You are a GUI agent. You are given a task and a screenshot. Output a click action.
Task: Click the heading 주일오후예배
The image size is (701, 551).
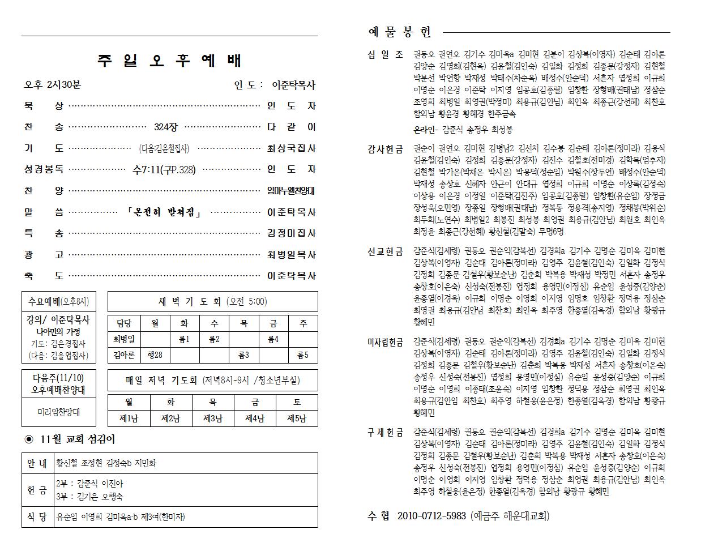coord(169,61)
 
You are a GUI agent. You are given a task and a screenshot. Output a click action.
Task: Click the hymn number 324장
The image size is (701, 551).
coord(165,127)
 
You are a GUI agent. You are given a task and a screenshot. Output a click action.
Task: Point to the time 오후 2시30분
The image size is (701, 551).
coord(52,85)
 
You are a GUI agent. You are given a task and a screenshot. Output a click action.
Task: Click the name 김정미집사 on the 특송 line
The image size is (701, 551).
coord(291,233)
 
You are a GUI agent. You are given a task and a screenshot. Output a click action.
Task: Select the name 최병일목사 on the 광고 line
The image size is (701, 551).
coord(291,255)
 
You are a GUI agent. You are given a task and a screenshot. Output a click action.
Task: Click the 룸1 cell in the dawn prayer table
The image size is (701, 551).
coord(184,340)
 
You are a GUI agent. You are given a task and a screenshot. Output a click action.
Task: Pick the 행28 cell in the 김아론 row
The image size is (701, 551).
coord(155,355)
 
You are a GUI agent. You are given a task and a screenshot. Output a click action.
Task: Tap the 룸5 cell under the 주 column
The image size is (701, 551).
coord(302,355)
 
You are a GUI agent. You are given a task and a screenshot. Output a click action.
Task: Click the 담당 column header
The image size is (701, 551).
coord(123,324)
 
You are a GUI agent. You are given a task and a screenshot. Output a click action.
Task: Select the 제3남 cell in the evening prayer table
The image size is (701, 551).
coord(212,418)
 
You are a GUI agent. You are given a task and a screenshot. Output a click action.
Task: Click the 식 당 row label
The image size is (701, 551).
coord(37,516)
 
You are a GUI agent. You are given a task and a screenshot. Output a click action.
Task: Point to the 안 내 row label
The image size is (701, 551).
coord(37,463)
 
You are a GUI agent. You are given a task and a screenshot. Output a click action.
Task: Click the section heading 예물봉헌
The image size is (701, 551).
coord(400,32)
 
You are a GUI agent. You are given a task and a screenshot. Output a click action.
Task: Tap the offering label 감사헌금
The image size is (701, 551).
coord(385,149)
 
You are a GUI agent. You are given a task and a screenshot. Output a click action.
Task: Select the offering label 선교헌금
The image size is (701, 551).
coord(385,251)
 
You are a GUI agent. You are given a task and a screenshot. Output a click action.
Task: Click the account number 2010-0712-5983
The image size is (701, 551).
coord(431,516)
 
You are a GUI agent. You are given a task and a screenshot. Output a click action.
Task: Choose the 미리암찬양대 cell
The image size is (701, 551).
coord(59,412)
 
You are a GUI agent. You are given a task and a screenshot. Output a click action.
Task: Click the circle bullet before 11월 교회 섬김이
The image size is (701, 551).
coord(29,439)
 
